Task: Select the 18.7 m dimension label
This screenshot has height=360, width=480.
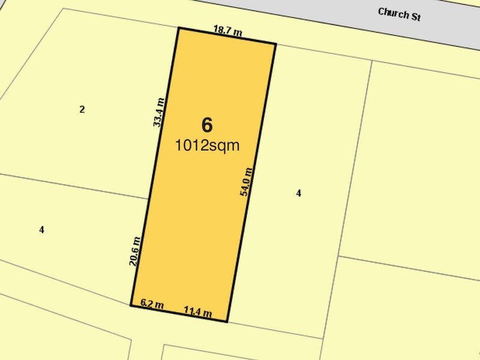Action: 228,30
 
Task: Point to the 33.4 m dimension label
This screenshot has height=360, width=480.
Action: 158,112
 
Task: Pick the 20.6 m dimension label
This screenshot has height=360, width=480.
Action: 136,251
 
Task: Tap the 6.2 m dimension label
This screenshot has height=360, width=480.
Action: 152,304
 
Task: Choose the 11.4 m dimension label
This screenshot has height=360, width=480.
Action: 197,311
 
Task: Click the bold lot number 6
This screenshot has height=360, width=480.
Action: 207,125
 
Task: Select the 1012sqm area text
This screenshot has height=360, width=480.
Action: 207,145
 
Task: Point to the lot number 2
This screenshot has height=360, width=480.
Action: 82,109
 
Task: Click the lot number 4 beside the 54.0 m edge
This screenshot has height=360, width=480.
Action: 298,193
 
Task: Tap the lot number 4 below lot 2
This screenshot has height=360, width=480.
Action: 41,229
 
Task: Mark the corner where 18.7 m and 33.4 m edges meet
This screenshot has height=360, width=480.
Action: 178,28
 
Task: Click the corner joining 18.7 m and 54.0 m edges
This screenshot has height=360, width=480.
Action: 275,44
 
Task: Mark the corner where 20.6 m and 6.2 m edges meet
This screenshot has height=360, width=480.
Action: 131,305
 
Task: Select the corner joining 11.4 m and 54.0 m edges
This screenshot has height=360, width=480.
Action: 227,322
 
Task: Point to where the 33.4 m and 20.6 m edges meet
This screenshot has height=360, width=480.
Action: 149,198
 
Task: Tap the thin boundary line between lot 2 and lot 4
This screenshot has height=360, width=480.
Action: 72,185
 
